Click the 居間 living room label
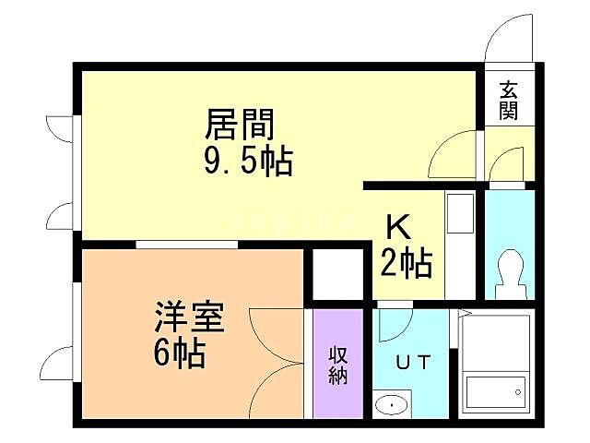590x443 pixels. (x=242, y=124)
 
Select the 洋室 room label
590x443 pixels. (x=188, y=317)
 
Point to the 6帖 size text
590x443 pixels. (x=180, y=353)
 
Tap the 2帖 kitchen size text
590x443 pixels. (x=407, y=264)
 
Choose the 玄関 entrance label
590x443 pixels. (x=509, y=101)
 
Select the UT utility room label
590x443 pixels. (x=413, y=362)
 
